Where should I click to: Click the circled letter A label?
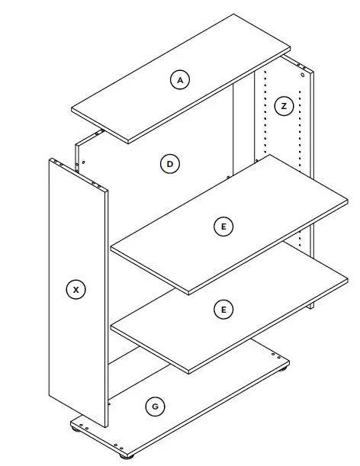point(179,79)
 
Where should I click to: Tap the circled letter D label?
point(169,163)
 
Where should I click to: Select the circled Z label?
point(284,106)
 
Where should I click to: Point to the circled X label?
point(76,289)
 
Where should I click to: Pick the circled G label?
point(155,407)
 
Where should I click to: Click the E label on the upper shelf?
point(223,227)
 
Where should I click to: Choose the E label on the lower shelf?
point(223,309)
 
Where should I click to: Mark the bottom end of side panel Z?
point(311,304)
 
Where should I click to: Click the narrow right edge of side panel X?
point(105,305)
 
